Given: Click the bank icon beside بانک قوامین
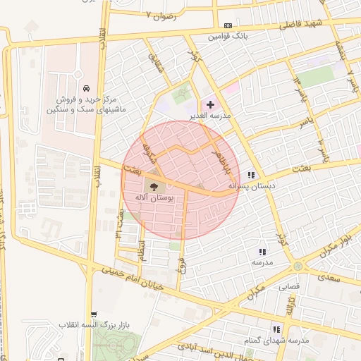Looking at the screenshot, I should [226, 25].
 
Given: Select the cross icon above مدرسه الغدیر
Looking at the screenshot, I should [210, 104].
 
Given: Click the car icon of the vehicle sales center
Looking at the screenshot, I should [85, 89].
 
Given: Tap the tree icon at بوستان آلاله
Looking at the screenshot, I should [154, 187].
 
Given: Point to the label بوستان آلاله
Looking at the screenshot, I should [154, 199].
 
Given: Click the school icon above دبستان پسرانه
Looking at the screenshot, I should [252, 175].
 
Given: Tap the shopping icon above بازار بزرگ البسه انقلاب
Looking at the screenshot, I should [94, 314].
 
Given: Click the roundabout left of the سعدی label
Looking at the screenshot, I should [299, 266].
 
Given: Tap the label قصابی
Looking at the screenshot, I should [290, 287].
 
